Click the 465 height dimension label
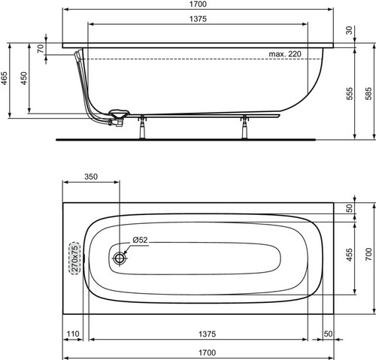(5, 78)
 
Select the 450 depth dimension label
(24, 78)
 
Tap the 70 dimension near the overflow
(41, 49)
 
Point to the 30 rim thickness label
(349, 30)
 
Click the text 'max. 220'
(285, 54)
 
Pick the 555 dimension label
(350, 93)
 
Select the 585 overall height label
(368, 93)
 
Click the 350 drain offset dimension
(91, 177)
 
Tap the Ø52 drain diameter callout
(141, 240)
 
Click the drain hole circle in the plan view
(120, 258)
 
